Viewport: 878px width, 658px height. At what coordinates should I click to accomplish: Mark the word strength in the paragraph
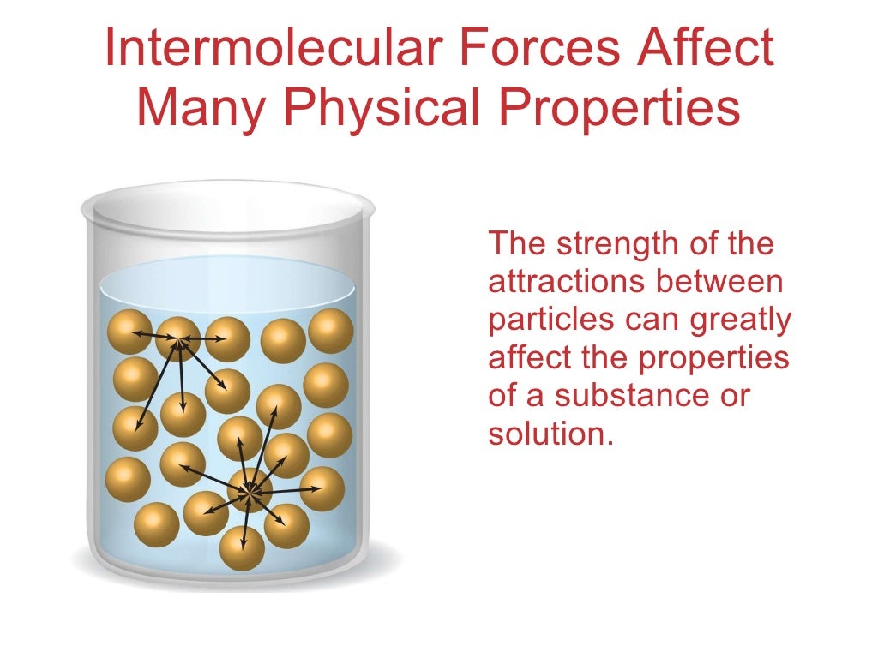point(610,244)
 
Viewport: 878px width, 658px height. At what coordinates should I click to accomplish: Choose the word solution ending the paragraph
point(551,434)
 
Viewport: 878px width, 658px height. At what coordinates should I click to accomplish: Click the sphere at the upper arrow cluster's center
point(178,338)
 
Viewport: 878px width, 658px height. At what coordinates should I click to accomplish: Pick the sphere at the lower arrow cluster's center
point(250,490)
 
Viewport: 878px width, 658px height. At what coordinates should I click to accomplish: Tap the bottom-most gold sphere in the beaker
point(242,549)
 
